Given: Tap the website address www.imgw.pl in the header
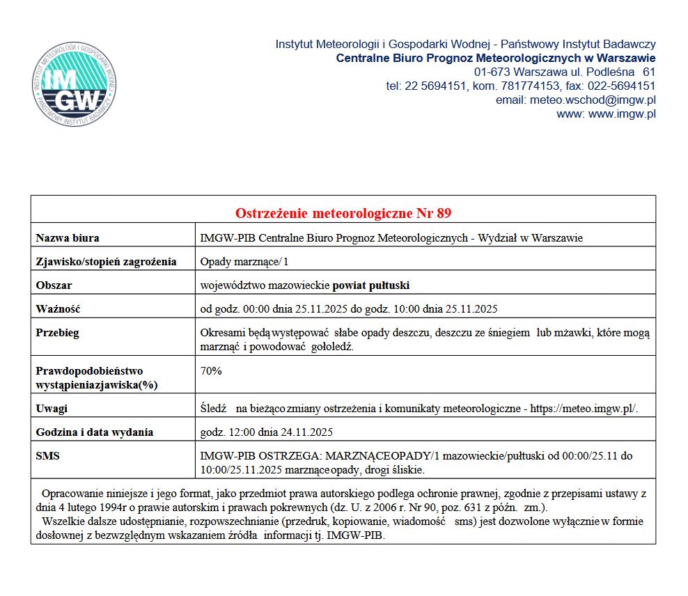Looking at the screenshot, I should tap(622, 114).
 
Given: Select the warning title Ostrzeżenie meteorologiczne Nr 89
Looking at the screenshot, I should tap(343, 213).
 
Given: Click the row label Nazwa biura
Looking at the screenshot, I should tap(68, 238).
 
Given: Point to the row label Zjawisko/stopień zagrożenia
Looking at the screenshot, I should tap(106, 262).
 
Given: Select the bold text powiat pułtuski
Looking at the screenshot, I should tap(371, 285).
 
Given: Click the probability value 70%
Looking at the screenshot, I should tap(211, 371).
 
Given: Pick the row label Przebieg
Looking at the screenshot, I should tap(58, 333).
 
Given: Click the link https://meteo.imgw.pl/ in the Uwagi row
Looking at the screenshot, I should tap(584, 409).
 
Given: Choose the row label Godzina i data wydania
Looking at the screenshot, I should tap(95, 432).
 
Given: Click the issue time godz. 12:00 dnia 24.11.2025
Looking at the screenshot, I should tap(267, 432).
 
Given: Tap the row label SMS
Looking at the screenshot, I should tap(47, 456).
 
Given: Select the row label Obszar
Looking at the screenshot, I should tap(54, 285).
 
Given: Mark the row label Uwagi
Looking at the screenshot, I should tap(52, 409).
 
